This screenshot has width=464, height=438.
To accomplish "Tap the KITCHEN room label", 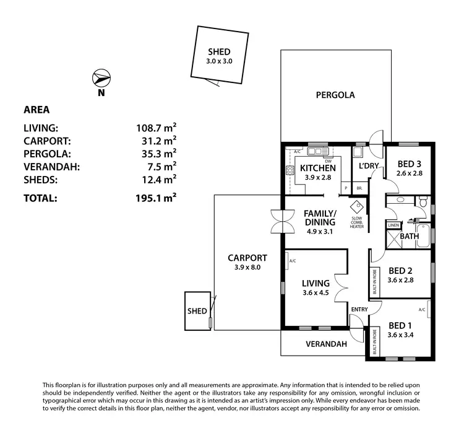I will click(x=318, y=168).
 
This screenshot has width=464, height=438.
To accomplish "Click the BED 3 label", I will click(x=409, y=164).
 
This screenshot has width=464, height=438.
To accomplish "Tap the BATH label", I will click(x=409, y=236).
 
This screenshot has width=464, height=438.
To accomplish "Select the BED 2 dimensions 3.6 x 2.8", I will click(x=400, y=280).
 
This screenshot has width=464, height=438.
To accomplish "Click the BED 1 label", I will click(x=400, y=325).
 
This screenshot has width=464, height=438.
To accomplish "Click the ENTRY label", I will click(x=359, y=309).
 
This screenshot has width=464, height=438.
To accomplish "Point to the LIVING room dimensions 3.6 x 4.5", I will click(x=316, y=294).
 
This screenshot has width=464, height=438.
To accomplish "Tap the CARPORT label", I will click(x=247, y=258).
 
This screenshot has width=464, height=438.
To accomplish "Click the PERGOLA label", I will click(x=335, y=95).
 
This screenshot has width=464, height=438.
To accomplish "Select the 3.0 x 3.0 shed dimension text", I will click(x=218, y=61).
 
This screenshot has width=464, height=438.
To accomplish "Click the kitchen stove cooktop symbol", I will click(x=290, y=171).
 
